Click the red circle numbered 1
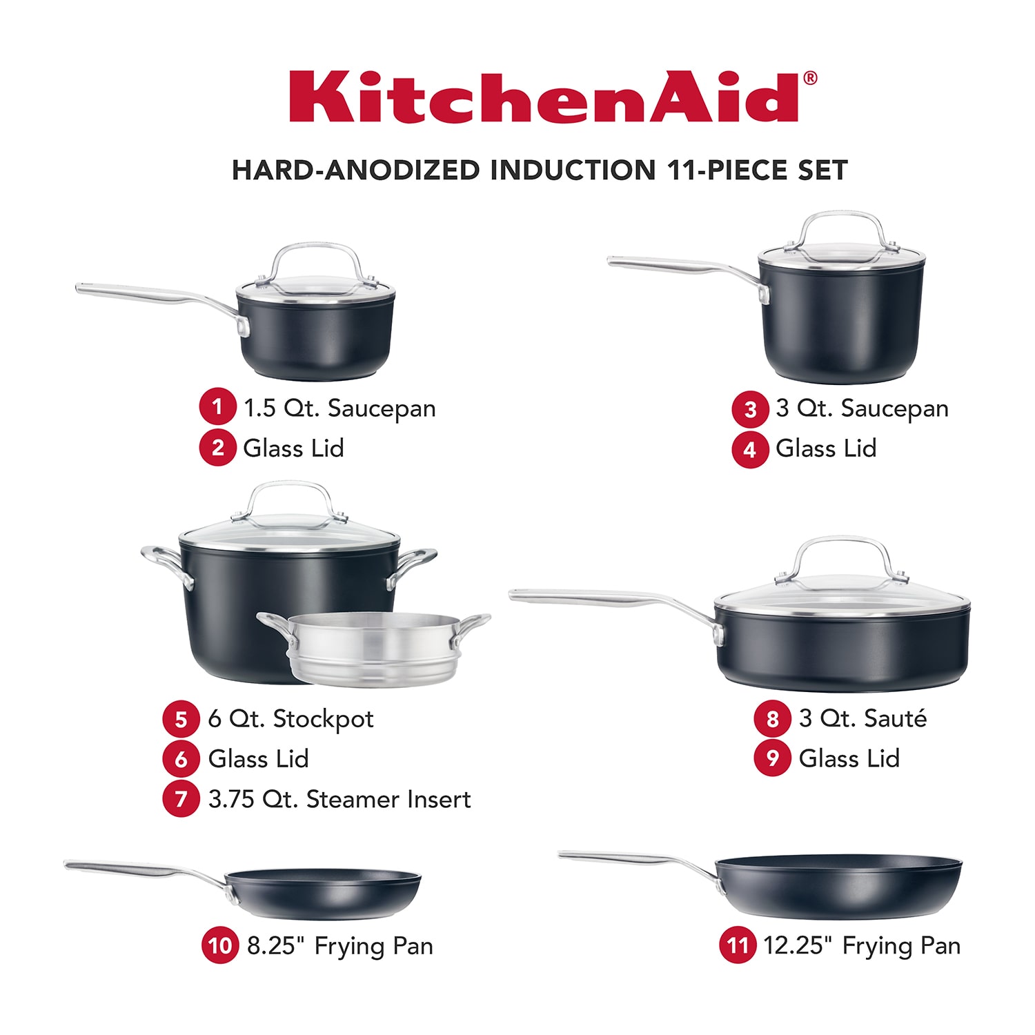(217, 407)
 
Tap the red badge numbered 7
(181, 799)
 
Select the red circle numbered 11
(738, 945)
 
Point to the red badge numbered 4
(750, 449)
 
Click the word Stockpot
(323, 719)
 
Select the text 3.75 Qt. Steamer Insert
(339, 799)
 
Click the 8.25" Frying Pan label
(340, 946)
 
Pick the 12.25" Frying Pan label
(862, 945)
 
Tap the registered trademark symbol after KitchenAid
(810, 78)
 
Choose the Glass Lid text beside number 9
(849, 758)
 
